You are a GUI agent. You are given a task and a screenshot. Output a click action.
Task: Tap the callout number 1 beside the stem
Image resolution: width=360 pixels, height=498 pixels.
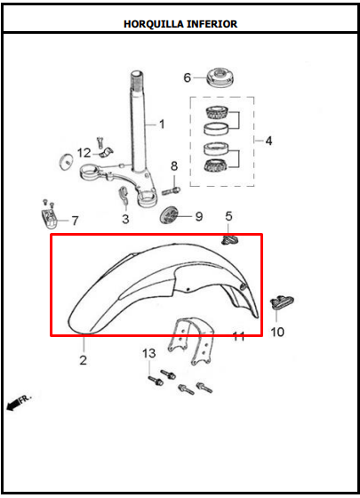(162, 124)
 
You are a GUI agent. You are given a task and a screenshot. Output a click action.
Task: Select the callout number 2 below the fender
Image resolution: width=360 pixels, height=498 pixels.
(84, 360)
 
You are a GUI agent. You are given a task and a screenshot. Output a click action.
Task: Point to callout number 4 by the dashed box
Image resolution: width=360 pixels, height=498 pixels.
(268, 141)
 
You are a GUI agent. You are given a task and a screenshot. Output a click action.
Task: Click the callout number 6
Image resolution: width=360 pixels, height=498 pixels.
(188, 77)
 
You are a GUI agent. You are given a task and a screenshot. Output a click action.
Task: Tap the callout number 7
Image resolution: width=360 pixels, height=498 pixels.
(75, 221)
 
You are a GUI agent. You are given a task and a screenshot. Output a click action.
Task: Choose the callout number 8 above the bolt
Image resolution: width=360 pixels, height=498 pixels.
(174, 165)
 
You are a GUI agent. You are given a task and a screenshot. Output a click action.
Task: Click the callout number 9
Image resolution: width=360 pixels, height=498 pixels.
(199, 217)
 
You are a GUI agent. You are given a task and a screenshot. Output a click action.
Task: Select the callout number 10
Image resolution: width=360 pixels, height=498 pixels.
(277, 333)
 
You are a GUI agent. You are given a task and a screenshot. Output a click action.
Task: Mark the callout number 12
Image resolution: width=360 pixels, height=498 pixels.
(84, 153)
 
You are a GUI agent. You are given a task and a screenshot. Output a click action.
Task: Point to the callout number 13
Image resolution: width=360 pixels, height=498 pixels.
(149, 354)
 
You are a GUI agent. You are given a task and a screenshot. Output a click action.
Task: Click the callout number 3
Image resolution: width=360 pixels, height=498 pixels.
(125, 219)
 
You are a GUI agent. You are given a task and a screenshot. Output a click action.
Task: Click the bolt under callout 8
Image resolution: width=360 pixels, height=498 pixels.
(171, 191)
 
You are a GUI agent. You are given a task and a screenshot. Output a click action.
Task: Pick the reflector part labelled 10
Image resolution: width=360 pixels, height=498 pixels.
(282, 301)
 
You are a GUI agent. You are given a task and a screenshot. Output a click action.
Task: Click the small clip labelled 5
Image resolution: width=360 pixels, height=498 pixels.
(228, 240)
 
